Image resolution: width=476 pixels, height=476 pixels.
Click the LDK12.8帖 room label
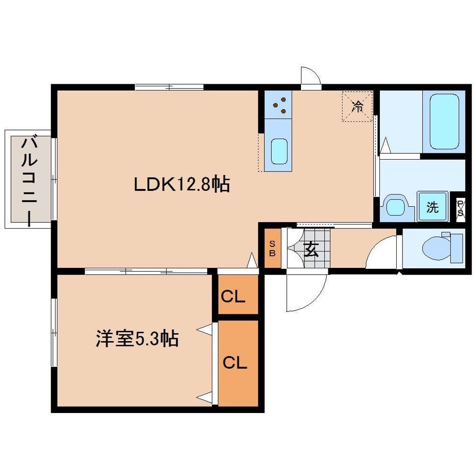tap(181, 185)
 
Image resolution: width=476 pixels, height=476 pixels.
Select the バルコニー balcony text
tap(28, 180)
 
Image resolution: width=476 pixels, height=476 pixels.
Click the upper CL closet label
tap(233, 297)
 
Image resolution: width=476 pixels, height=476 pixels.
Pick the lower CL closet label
tap(235, 363)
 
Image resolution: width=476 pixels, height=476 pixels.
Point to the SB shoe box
tap(272, 247)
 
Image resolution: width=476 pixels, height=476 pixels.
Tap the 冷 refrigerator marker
tap(357, 106)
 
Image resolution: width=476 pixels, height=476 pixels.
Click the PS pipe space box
tap(460, 207)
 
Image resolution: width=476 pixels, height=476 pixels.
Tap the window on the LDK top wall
tap(169, 87)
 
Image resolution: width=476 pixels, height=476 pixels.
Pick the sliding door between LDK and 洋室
tap(146, 271)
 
